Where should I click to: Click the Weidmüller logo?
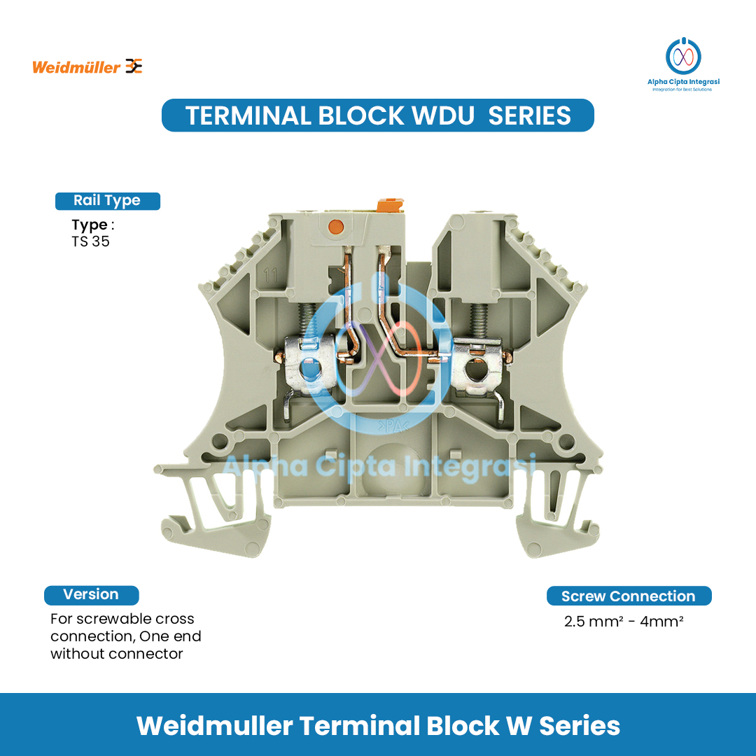point(87,67)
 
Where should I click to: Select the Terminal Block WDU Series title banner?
point(378,115)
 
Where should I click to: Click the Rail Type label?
point(107,201)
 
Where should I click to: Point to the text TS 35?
point(90,242)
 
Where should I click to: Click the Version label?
point(91,595)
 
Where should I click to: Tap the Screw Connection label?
point(629,596)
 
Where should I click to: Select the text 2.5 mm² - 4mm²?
point(624,621)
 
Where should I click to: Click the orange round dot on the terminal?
point(335,226)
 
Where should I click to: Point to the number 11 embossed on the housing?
point(270,275)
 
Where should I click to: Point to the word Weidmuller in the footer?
point(214,726)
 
